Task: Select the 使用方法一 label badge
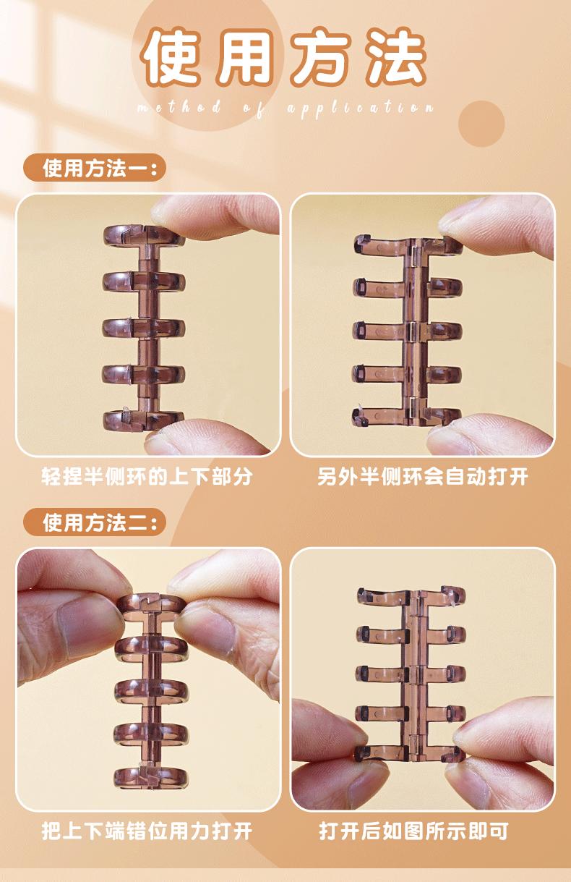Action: pyautogui.click(x=95, y=168)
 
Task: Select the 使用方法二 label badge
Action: pyautogui.click(x=95, y=522)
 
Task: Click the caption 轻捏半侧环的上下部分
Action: pyautogui.click(x=147, y=476)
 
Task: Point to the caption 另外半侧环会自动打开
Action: pyautogui.click(x=423, y=476)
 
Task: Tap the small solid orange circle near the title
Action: pyautogui.click(x=481, y=124)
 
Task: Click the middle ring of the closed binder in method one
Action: pyautogui.click(x=144, y=328)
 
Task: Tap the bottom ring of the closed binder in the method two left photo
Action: pyautogui.click(x=151, y=777)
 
